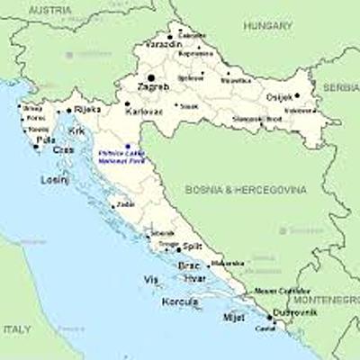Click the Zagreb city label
point(153,87)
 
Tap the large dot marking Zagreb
point(151,77)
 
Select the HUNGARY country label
point(267,27)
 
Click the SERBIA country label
point(342,87)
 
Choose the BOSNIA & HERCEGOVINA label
point(246,190)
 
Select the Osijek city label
point(280,96)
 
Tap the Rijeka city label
point(87,109)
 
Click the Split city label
point(193,246)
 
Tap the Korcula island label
point(180,301)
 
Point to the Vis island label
point(149,280)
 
